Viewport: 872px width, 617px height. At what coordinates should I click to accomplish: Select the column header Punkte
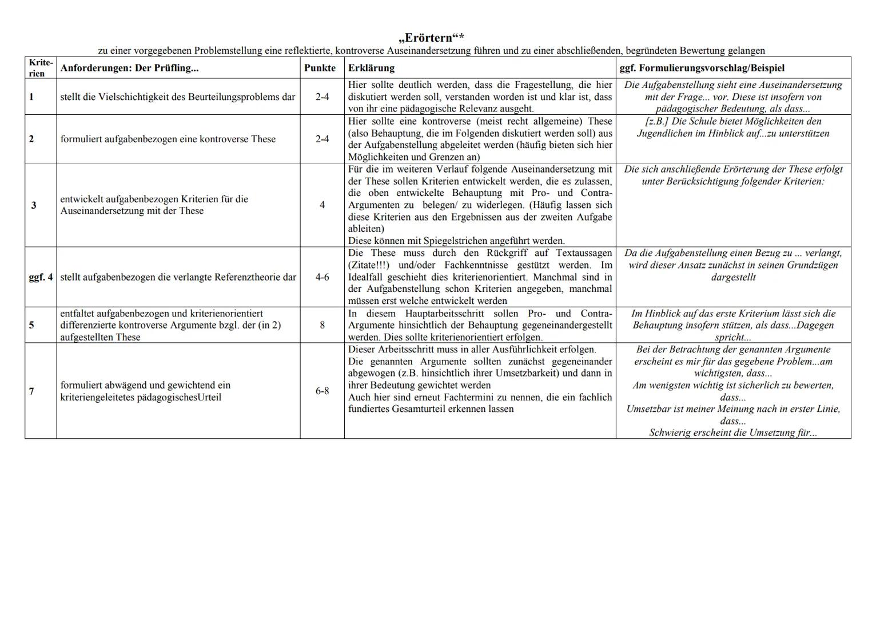point(320,68)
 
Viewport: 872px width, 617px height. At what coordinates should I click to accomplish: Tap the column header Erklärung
point(371,68)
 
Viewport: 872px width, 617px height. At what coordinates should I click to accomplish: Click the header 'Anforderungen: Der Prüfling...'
point(129,68)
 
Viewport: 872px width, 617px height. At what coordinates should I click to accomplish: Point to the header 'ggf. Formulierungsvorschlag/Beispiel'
point(702,68)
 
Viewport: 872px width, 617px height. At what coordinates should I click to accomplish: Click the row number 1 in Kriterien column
point(31,97)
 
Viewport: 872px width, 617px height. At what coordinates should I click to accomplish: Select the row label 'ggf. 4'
point(41,277)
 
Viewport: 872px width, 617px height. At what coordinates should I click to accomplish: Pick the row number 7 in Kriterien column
point(31,391)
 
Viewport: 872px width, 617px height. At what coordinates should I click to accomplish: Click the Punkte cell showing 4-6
point(322,277)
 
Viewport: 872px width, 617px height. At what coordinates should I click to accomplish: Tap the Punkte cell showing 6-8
point(322,391)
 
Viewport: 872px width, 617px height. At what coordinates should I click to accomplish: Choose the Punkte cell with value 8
point(322,325)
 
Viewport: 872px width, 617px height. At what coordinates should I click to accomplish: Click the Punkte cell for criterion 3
point(322,205)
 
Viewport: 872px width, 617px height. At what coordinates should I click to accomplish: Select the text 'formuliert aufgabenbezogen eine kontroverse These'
point(168,139)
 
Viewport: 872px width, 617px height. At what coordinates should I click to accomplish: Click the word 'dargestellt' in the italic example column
point(733,277)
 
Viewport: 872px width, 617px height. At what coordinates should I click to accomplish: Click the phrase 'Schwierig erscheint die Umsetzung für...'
point(733,432)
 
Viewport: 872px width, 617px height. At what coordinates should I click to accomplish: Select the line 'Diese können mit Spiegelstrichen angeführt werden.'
point(456,241)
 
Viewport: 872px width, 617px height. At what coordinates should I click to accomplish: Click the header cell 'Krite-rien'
point(41,68)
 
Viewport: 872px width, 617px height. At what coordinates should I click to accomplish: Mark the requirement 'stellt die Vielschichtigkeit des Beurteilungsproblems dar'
point(177,97)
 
